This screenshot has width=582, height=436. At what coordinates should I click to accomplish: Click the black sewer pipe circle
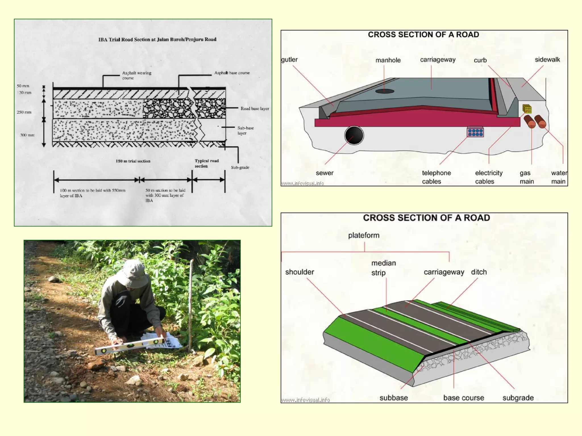[354, 135]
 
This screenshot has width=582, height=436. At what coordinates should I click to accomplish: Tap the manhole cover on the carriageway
[384, 91]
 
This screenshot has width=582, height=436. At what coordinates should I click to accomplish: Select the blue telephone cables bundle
[475, 132]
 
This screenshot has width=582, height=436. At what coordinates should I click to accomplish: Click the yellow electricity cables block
[527, 109]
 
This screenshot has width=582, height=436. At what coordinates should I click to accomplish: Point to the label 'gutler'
[289, 60]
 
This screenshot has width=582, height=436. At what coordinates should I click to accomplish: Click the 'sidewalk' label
[547, 60]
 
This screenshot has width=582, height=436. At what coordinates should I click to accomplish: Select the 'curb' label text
[480, 60]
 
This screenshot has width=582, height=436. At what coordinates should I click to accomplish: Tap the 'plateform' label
[363, 235]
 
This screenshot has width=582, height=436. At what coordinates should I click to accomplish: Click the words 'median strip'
[383, 268]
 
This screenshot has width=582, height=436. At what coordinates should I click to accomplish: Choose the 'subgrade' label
[518, 398]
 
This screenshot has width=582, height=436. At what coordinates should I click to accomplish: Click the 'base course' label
[463, 398]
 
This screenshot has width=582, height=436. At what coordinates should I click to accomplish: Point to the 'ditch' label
[479, 272]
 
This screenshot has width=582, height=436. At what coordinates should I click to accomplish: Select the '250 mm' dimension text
[24, 112]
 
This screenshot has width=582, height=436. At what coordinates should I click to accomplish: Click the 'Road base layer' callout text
[255, 108]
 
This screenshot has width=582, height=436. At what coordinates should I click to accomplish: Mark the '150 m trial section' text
[133, 161]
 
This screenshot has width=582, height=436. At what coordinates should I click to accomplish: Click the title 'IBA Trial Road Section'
[157, 39]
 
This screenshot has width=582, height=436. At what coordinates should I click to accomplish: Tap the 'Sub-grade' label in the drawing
[240, 167]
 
